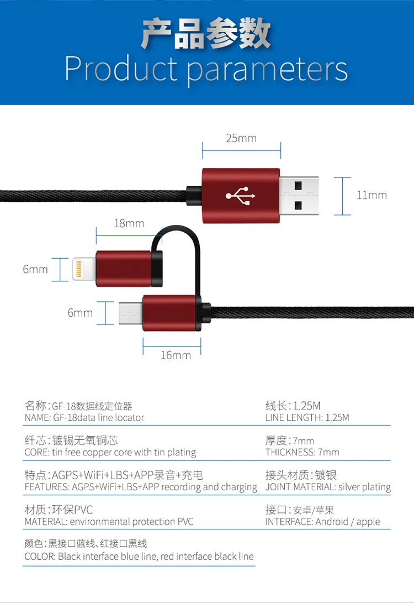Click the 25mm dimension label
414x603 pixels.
click(241, 138)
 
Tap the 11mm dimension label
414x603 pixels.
click(371, 195)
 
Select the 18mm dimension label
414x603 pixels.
click(129, 223)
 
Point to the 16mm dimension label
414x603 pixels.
click(176, 355)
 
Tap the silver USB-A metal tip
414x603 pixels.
click(299, 195)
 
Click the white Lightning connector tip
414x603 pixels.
click(84, 269)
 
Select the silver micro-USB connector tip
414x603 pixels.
click(131, 313)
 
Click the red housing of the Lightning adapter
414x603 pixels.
click(123, 269)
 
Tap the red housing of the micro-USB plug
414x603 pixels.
click(169, 313)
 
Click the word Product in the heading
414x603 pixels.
click(121, 69)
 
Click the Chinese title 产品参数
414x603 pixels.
click(206, 34)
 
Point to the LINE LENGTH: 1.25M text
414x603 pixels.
click(307, 418)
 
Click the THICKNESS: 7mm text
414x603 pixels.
click(302, 452)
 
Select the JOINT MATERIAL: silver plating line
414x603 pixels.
click(328, 487)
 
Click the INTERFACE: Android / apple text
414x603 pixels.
click(322, 522)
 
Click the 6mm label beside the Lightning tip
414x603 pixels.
click(35, 269)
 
